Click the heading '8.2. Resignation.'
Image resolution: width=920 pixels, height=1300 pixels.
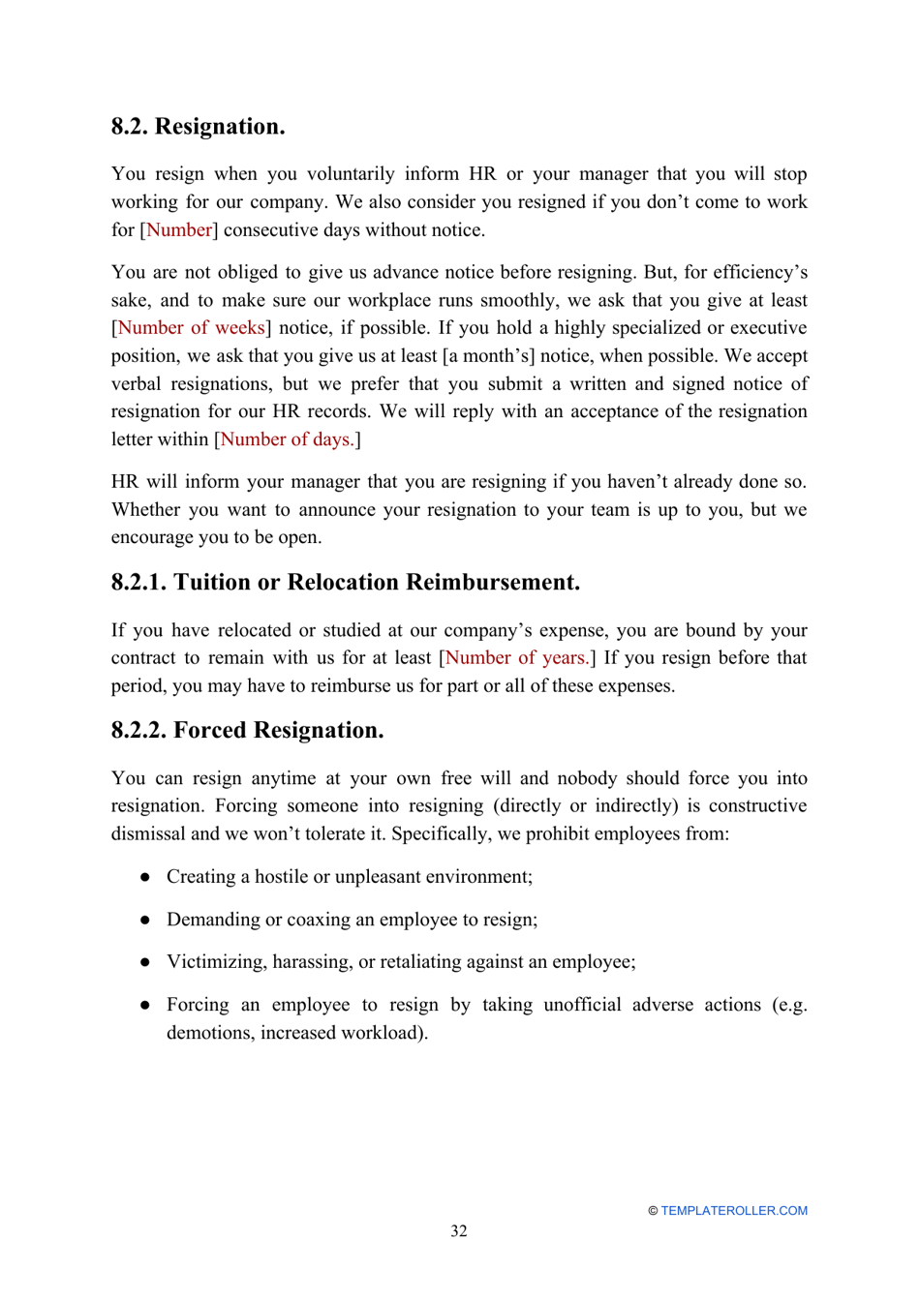point(198,127)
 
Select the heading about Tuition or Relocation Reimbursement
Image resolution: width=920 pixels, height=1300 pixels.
point(346,582)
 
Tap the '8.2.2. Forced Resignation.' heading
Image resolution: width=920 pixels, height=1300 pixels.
point(247,730)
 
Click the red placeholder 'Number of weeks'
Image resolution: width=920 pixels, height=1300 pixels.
point(191,328)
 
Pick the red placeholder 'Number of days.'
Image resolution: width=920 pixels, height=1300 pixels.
point(287,439)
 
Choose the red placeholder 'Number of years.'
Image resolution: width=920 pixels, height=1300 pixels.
point(516,658)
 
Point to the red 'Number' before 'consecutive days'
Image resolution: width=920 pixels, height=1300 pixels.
point(179,230)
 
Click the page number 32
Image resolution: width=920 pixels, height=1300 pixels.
point(459,1231)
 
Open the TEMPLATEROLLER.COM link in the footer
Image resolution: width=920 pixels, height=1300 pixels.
point(734,1211)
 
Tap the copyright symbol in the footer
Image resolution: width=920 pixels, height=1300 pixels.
point(653,1211)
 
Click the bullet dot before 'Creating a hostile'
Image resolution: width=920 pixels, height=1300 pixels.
point(144,877)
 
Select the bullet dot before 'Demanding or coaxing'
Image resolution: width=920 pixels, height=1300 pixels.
point(144,920)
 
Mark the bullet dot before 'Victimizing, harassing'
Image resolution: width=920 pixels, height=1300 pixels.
point(144,962)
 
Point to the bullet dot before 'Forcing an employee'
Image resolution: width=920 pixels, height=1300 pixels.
point(144,1005)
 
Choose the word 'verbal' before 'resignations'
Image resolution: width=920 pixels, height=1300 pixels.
point(136,384)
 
